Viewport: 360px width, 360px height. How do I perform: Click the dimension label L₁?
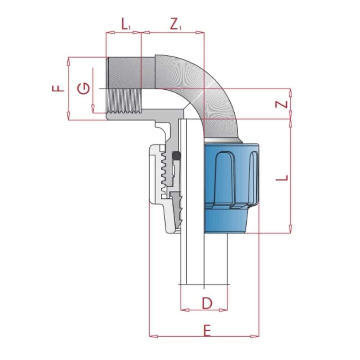coord(126,25)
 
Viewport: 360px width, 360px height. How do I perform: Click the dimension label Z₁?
coord(176,25)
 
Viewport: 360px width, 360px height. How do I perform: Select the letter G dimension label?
coord(84,88)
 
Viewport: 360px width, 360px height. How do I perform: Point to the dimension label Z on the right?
coord(283,104)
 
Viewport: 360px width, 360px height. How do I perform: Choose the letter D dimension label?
coord(206,303)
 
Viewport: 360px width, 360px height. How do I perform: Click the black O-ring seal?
coord(176,156)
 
